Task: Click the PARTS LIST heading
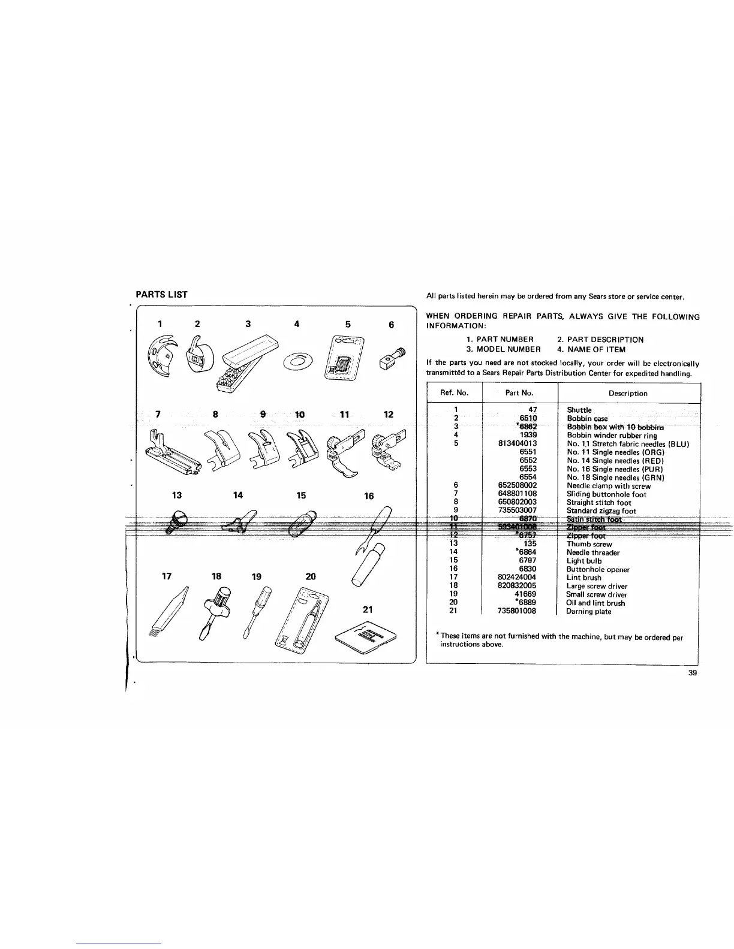[x=161, y=295]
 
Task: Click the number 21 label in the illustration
[x=368, y=609]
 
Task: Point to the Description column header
[x=628, y=394]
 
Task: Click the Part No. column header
[x=519, y=394]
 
